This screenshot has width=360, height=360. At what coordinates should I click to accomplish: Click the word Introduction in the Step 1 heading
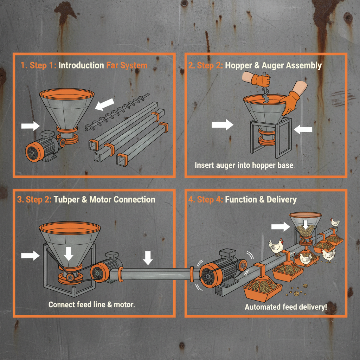point(81,65)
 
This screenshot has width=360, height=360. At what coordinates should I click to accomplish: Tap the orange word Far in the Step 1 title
point(112,65)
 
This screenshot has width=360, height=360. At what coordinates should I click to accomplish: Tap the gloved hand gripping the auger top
point(261,80)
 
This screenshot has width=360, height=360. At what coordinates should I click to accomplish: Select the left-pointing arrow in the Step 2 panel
point(303,130)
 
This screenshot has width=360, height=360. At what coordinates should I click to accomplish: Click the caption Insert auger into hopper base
point(244,165)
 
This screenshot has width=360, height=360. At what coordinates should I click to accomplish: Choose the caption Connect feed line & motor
point(92,304)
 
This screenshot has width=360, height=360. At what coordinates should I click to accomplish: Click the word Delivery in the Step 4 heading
point(282,200)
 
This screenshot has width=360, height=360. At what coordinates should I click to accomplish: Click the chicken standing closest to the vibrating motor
point(276,246)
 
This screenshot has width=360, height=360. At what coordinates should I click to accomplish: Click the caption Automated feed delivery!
point(286,307)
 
